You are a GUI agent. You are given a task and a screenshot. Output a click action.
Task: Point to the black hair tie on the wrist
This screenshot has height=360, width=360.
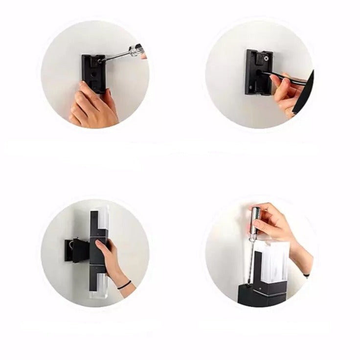coord(124,285)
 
